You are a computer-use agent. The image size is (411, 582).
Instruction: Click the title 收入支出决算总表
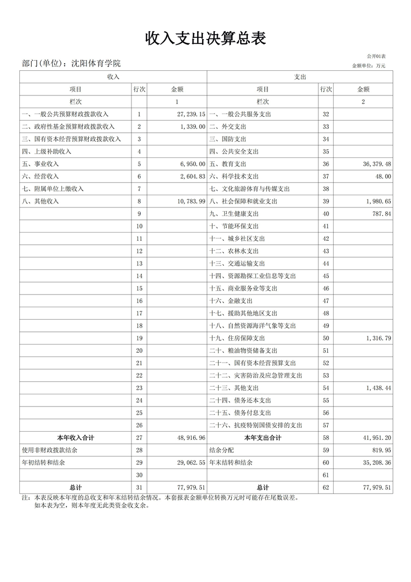pyautogui.click(x=206, y=38)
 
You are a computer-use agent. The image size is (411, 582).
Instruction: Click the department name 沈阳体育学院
pyautogui.click(x=96, y=64)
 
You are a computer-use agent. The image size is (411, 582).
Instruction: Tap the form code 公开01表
pyautogui.click(x=376, y=56)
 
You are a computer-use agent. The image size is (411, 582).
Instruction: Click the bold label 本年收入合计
pyautogui.click(x=76, y=438)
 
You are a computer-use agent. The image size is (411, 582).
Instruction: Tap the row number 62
pyautogui.click(x=326, y=488)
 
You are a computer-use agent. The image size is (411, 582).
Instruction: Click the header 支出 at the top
pyautogui.click(x=300, y=77)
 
